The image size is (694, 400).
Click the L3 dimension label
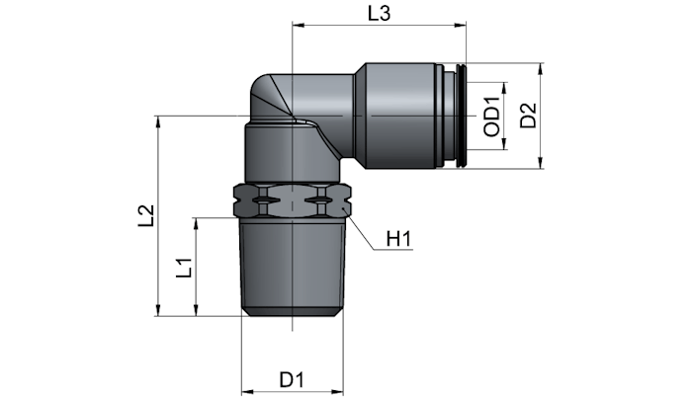(x=380, y=14)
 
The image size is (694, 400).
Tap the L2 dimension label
(x=146, y=215)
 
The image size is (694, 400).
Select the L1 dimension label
(x=184, y=268)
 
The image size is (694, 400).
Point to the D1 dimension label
(x=292, y=380)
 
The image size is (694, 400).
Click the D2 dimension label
(x=528, y=116)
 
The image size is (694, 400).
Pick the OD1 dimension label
(x=491, y=117)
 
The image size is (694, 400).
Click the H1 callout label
(x=398, y=239)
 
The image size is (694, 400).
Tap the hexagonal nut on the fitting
(x=292, y=200)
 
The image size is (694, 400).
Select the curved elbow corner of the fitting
(x=266, y=95)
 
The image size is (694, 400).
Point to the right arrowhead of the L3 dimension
(x=461, y=26)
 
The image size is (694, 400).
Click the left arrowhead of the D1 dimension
(x=246, y=391)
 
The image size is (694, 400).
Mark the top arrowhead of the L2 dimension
(x=157, y=122)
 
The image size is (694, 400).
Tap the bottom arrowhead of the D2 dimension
(x=541, y=163)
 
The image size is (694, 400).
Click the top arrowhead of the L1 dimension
(x=196, y=223)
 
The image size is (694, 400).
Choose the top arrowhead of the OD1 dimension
(x=503, y=88)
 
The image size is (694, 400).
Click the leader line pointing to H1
(x=361, y=232)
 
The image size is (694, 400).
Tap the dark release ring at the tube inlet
(x=462, y=116)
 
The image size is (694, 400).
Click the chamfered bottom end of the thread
(x=292, y=312)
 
